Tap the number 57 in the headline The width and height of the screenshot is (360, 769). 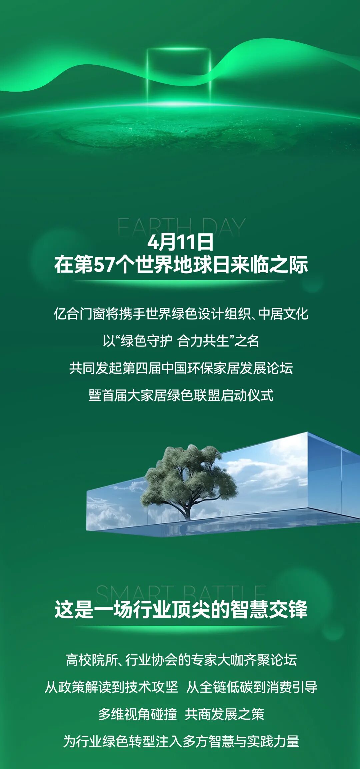point(104,265)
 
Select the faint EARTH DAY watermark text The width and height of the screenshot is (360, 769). point(181,227)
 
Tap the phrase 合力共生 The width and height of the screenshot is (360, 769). point(203,341)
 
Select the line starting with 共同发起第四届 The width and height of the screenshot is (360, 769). point(181,368)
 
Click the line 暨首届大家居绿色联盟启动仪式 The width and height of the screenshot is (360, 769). point(181,395)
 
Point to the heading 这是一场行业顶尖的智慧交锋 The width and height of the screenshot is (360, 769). point(181,610)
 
